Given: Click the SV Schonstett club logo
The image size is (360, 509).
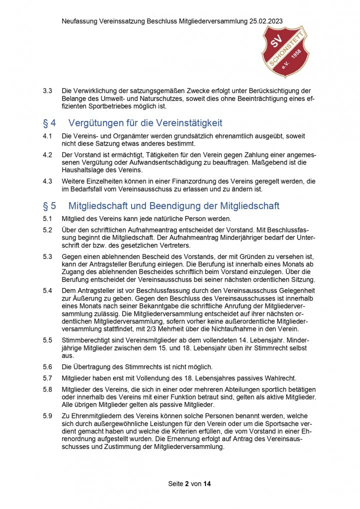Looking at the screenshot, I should [285, 51].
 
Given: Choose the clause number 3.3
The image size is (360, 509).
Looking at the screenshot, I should [47, 91].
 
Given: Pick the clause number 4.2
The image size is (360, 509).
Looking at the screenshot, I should [47, 155].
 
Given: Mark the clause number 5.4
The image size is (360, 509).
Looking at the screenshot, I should [47, 290].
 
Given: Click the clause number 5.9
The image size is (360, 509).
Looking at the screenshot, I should [47, 415].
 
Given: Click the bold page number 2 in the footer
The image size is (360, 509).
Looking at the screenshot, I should [186, 484].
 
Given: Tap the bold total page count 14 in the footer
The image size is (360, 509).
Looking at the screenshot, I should [207, 484].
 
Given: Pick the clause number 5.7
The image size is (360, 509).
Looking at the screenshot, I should [47, 377].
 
